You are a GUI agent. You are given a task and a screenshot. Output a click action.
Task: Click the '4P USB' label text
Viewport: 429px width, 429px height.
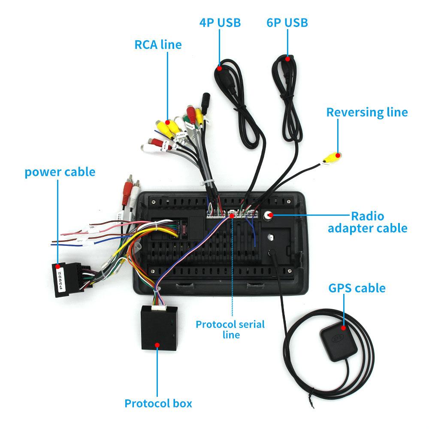tap(220, 23)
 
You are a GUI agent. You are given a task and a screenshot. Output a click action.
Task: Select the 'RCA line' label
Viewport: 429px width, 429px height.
tap(158, 45)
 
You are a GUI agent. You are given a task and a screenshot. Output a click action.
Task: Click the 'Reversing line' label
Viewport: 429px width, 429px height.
tap(367, 112)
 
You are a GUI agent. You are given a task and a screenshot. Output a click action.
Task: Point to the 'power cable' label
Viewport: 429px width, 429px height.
tap(60, 172)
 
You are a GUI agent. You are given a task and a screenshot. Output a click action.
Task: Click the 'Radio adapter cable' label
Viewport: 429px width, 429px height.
tap(368, 222)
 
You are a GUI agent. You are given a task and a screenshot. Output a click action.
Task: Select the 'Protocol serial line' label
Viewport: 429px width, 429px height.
tap(230, 329)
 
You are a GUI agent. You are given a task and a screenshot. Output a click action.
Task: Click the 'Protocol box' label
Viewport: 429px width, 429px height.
tap(158, 403)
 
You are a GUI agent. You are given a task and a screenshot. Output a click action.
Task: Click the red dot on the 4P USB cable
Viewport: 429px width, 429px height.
tap(219, 68)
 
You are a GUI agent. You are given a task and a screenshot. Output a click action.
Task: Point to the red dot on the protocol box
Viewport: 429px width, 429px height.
tap(157, 345)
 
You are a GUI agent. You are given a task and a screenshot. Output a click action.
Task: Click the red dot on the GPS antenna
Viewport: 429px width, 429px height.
tap(343, 328)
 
